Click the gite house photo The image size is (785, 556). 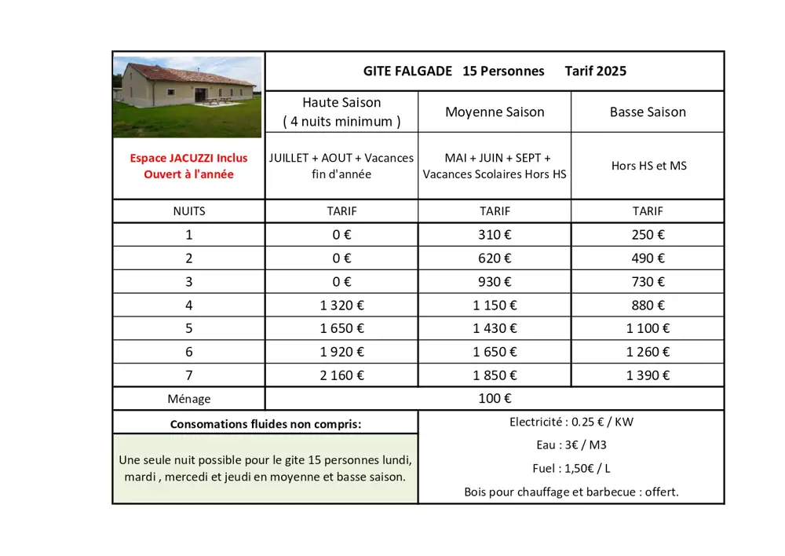pos(188,96)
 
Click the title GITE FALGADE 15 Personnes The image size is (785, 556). pos(454,71)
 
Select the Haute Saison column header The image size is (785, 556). pos(341,112)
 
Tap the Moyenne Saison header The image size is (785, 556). pos(495,112)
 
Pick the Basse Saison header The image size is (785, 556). pos(648,112)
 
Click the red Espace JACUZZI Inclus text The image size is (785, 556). pos(188,158)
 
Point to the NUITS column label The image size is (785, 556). pos(188,210)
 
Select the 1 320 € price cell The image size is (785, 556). pos(341,305)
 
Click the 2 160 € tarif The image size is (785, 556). pos(341,375)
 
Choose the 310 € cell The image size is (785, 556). pos(495,234)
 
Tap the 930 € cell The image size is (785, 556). pos(495,281)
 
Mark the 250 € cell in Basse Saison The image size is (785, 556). pos(648,234)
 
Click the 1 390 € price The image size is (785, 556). pos(648,375)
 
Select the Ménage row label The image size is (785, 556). pos(188,399)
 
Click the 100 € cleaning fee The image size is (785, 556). pos(495,399)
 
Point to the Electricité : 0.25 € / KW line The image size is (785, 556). pos(571,422)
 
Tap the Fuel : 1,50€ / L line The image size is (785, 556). pos(571,469)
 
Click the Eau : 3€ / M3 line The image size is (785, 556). pos(571,445)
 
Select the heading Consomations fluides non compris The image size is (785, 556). pos(265,424)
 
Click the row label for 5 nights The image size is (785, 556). pos(188,328)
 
